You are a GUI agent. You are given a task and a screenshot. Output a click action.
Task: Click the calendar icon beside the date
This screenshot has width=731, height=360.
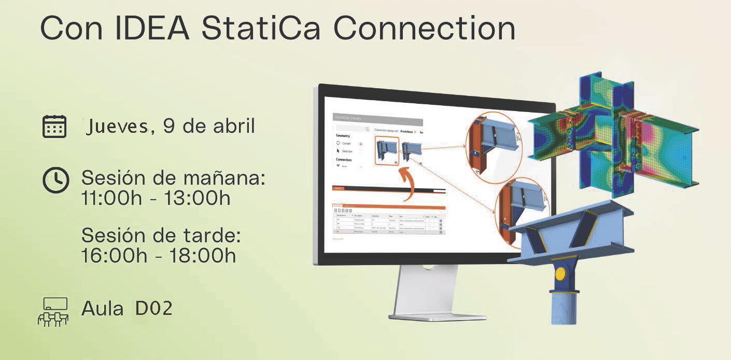pos(54,126)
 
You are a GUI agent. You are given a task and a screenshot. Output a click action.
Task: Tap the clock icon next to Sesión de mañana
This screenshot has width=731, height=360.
pos(55,181)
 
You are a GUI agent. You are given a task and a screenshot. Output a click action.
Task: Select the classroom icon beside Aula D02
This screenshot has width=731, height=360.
pos(53,312)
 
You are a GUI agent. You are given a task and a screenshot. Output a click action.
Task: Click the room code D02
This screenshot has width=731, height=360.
pos(153,309)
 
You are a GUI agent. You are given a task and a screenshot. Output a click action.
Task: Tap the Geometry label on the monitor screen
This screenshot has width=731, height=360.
pos(346,135)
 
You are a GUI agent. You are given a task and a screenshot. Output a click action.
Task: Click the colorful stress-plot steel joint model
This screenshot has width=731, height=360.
pos(614,140)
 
